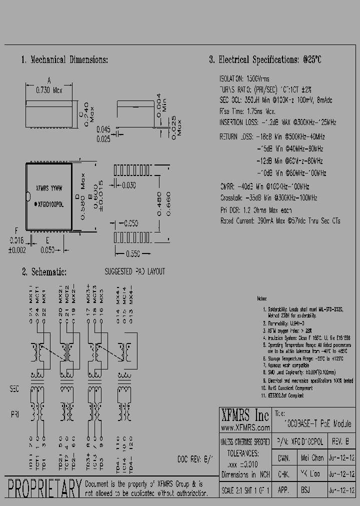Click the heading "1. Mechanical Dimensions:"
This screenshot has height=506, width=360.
pyautogui.click(x=64, y=60)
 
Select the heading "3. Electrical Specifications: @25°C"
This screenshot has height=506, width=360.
pyautogui.click(x=265, y=60)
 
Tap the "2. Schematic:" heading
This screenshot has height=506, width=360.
pyautogui.click(x=44, y=272)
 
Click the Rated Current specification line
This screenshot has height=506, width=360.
pyautogui.click(x=280, y=220)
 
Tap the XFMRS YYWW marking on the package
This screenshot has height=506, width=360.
pyautogui.click(x=49, y=189)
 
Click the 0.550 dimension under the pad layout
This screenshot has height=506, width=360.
pyautogui.click(x=132, y=254)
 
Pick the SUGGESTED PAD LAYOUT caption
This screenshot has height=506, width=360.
pyautogui.click(x=134, y=272)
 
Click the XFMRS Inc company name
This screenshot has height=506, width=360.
pyautogui.click(x=244, y=415)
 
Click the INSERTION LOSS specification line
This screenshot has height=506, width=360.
pyautogui.click(x=277, y=122)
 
